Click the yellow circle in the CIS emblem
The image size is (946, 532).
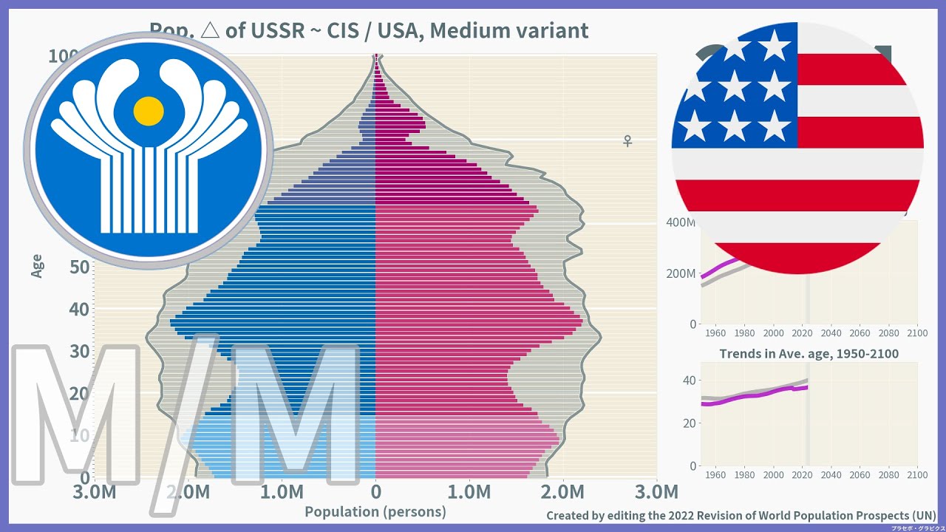tap(149, 110)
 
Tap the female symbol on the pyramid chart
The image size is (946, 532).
tap(627, 140)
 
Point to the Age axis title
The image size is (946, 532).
tap(37, 266)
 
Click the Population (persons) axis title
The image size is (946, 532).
tap(375, 511)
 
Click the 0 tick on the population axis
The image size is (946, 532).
tap(375, 492)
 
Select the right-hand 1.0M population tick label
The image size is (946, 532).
tap(469, 492)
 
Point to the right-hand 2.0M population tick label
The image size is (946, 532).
tap(562, 492)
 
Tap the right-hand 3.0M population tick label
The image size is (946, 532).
tap(656, 492)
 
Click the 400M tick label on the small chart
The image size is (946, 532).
tap(681, 223)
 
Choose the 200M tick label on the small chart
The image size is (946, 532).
tap(681, 274)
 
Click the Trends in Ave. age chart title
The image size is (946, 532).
tap(809, 354)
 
